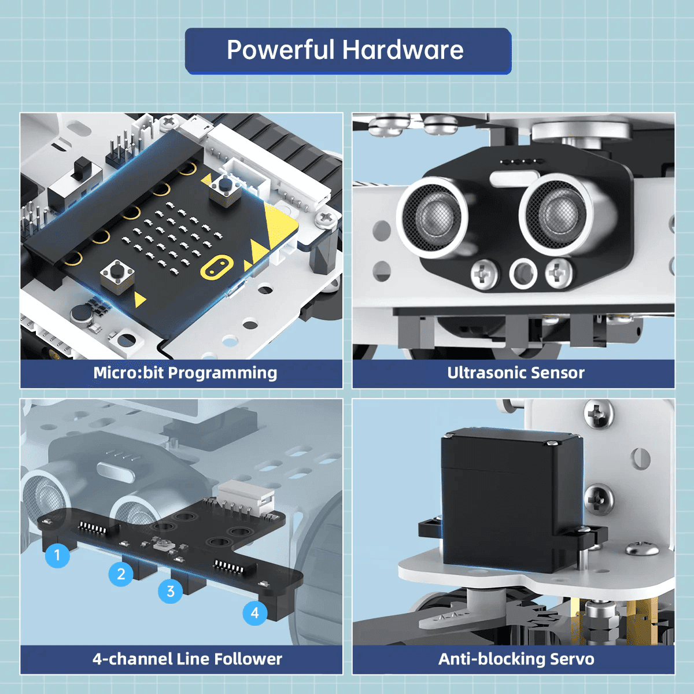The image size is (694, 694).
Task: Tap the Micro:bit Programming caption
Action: pyautogui.click(x=185, y=373)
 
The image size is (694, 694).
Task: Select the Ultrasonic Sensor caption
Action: pyautogui.click(x=515, y=373)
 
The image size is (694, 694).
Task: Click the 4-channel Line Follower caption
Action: pyautogui.click(x=187, y=659)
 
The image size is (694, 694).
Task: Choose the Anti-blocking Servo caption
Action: pyautogui.click(x=516, y=659)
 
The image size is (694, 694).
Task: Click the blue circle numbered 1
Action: pyautogui.click(x=57, y=555)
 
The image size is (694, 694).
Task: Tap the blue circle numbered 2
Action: pyautogui.click(x=121, y=574)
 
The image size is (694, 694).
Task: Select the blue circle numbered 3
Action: pyautogui.click(x=171, y=591)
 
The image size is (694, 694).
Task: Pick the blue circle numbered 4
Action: pyautogui.click(x=255, y=613)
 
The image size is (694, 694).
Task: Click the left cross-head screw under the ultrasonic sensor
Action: pyautogui.click(x=485, y=274)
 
